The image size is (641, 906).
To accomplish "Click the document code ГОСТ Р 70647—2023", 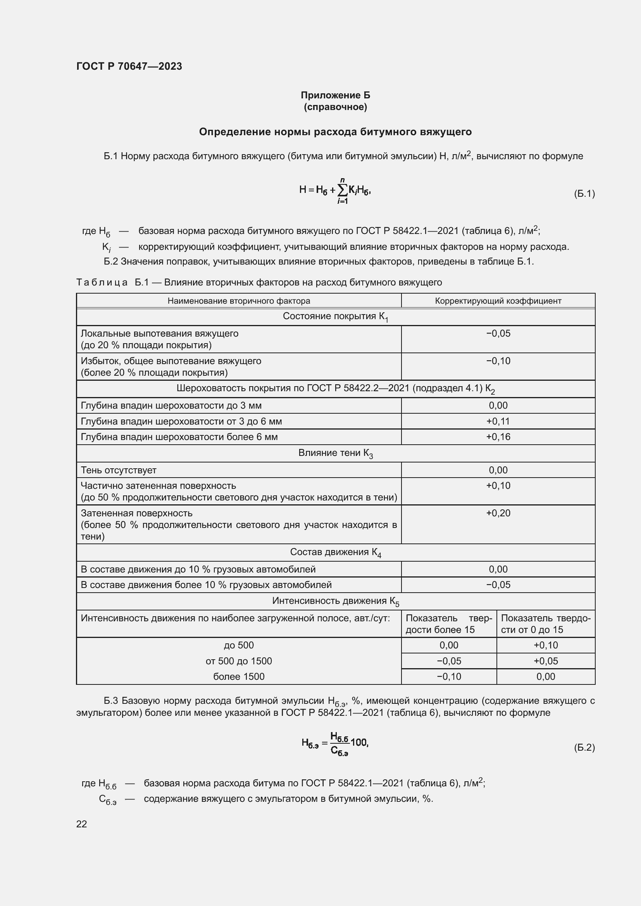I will click(129, 66).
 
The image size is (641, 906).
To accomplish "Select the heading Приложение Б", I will click(335, 95).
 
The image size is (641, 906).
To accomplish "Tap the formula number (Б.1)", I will click(584, 193).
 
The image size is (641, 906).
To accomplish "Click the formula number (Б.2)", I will click(584, 747).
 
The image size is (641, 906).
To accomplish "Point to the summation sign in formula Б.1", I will click(342, 190).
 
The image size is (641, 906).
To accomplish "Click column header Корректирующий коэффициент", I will click(498, 301).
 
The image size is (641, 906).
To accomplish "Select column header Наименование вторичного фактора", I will click(238, 301).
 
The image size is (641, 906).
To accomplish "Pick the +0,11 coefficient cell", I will click(498, 421).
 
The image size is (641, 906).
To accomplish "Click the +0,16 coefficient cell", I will click(498, 437).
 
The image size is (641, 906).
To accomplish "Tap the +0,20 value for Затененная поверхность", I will click(498, 513).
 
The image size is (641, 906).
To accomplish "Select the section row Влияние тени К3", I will click(335, 454).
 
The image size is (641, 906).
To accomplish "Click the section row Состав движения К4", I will click(335, 552).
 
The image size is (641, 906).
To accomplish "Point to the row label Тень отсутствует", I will click(119, 470).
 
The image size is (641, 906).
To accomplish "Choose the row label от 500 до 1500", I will click(238, 661).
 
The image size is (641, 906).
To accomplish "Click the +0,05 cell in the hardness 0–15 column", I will click(546, 661).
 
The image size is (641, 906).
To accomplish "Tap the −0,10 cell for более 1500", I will click(449, 676).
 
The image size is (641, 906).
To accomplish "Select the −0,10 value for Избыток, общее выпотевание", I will click(498, 361).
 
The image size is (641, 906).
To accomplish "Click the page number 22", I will click(81, 824).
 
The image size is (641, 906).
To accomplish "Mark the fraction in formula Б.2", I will click(339, 744).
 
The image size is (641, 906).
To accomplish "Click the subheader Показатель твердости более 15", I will click(449, 624).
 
